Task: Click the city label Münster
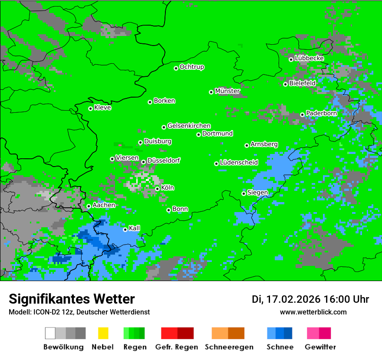tap(227, 91)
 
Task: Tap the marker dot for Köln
tap(157, 189)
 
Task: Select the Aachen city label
tap(104, 205)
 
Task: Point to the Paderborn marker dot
tap(302, 115)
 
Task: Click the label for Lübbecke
tap(309, 58)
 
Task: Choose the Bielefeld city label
tap(303, 83)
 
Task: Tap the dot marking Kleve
tap(90, 108)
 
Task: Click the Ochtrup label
tap(192, 67)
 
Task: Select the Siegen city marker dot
tap(244, 193)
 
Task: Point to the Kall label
tap(135, 228)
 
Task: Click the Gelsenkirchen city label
tap(189, 126)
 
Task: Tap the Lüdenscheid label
tap(239, 163)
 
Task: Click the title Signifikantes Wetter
tap(72, 299)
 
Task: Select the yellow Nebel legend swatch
tap(103, 333)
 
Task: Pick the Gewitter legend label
tap(320, 347)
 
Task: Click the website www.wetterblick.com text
tap(313, 312)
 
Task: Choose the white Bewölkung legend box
tap(50, 333)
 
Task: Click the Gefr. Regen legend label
tap(177, 347)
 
